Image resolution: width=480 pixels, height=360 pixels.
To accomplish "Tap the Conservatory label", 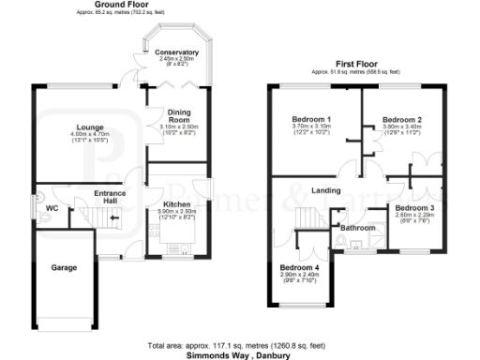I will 176,52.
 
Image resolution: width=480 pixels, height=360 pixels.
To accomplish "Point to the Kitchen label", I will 177,204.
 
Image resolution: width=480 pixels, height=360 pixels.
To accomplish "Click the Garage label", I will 64,267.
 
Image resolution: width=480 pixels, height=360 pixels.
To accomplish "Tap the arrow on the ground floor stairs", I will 114,219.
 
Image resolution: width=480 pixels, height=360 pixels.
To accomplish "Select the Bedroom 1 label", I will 310,120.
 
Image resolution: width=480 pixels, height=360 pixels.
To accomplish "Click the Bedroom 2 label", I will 402,120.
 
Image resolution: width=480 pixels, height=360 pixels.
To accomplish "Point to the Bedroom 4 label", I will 299,267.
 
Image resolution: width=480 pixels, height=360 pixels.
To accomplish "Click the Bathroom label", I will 357,228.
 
